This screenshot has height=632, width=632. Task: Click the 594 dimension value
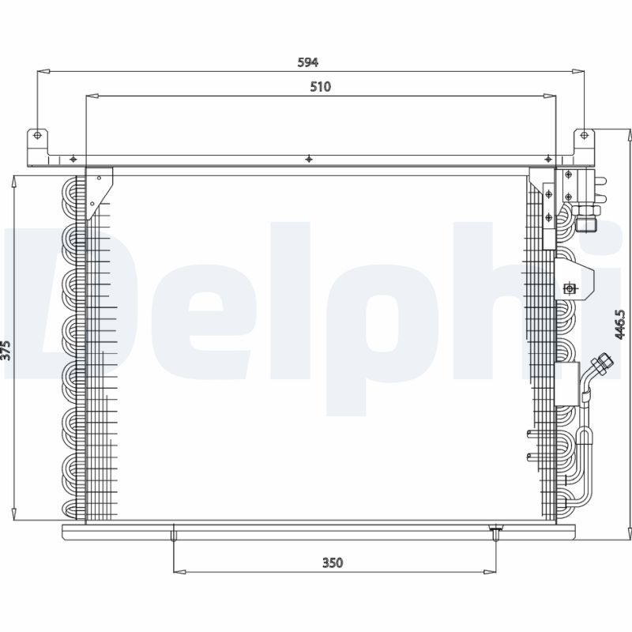tap(308, 62)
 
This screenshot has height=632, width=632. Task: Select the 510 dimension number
tap(321, 87)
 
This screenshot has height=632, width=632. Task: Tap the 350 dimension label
tap(333, 562)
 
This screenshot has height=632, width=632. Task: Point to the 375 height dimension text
tap(6, 351)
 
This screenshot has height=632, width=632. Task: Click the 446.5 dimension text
tap(620, 325)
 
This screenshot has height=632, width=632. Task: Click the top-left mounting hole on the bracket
tap(37, 135)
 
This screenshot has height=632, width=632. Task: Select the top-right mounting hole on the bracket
tap(584, 135)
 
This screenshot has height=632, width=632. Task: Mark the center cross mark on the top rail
tap(309, 159)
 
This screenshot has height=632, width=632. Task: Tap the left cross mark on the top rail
tap(73, 159)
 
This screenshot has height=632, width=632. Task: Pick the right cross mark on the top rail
tap(547, 159)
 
